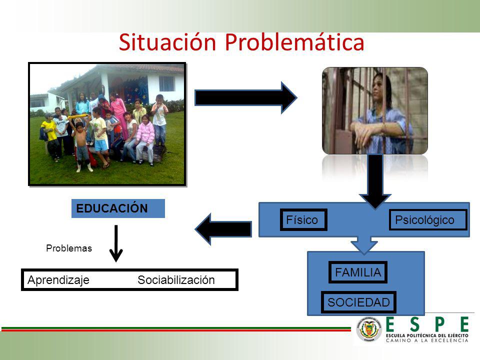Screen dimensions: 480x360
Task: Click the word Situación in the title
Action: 167,42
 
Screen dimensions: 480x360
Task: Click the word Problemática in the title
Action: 294,42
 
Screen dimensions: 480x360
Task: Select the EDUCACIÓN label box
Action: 118,208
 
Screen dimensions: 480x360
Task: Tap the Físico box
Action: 303,220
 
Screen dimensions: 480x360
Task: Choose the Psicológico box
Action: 428,220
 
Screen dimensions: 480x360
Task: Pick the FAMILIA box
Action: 358,272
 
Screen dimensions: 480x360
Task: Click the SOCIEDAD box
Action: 358,302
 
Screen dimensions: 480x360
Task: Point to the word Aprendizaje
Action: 58,280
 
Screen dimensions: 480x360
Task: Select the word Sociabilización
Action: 176,280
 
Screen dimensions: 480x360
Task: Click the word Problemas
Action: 69,248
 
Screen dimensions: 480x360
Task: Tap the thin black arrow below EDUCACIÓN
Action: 116,243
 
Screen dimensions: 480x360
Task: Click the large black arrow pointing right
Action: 246,98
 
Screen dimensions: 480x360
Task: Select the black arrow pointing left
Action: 223,229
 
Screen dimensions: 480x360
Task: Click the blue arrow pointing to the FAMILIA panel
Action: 364,245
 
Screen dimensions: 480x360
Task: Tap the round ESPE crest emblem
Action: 369,329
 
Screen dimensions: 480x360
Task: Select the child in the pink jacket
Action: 145,139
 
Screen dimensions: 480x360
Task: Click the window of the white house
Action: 167,83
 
